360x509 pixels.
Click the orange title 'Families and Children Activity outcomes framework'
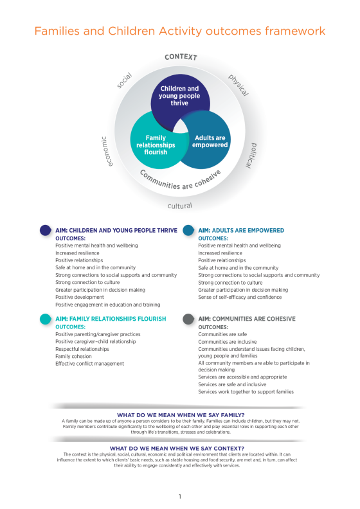[180, 31]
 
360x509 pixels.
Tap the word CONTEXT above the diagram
[181, 57]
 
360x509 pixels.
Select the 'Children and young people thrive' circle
[180, 98]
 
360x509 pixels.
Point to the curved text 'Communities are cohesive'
[180, 182]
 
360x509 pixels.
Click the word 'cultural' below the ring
[180, 206]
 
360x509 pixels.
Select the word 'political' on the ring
[250, 156]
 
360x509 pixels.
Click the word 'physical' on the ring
[239, 85]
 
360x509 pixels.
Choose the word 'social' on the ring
[124, 80]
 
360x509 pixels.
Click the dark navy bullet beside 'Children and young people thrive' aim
[46, 230]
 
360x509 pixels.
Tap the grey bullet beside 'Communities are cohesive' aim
[188, 319]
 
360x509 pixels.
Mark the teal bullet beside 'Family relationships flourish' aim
[46, 319]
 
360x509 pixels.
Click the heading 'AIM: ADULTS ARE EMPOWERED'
[241, 231]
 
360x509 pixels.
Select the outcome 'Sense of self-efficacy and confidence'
[240, 297]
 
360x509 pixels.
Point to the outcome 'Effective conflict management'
[89, 364]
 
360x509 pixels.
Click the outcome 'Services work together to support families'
[246, 392]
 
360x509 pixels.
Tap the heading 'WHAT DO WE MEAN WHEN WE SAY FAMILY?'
[181, 415]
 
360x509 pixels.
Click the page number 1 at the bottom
[180, 496]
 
